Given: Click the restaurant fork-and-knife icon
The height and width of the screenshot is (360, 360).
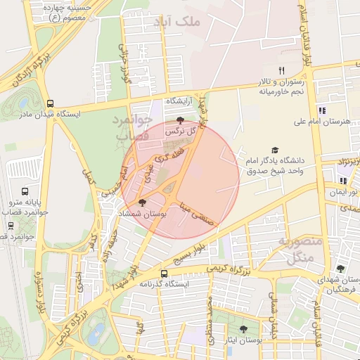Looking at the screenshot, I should [x=281, y=70].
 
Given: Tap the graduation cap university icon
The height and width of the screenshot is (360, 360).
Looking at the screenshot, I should [x=275, y=150].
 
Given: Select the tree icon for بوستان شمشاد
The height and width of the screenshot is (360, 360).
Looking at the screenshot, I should [x=143, y=202].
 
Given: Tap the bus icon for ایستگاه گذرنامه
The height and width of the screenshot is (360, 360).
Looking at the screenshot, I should [x=164, y=274].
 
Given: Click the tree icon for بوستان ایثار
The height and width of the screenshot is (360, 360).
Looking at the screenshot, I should [x=243, y=329].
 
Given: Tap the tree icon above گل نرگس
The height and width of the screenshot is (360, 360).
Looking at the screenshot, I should [x=181, y=120].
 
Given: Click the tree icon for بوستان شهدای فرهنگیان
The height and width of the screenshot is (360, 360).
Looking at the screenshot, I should [x=340, y=269].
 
